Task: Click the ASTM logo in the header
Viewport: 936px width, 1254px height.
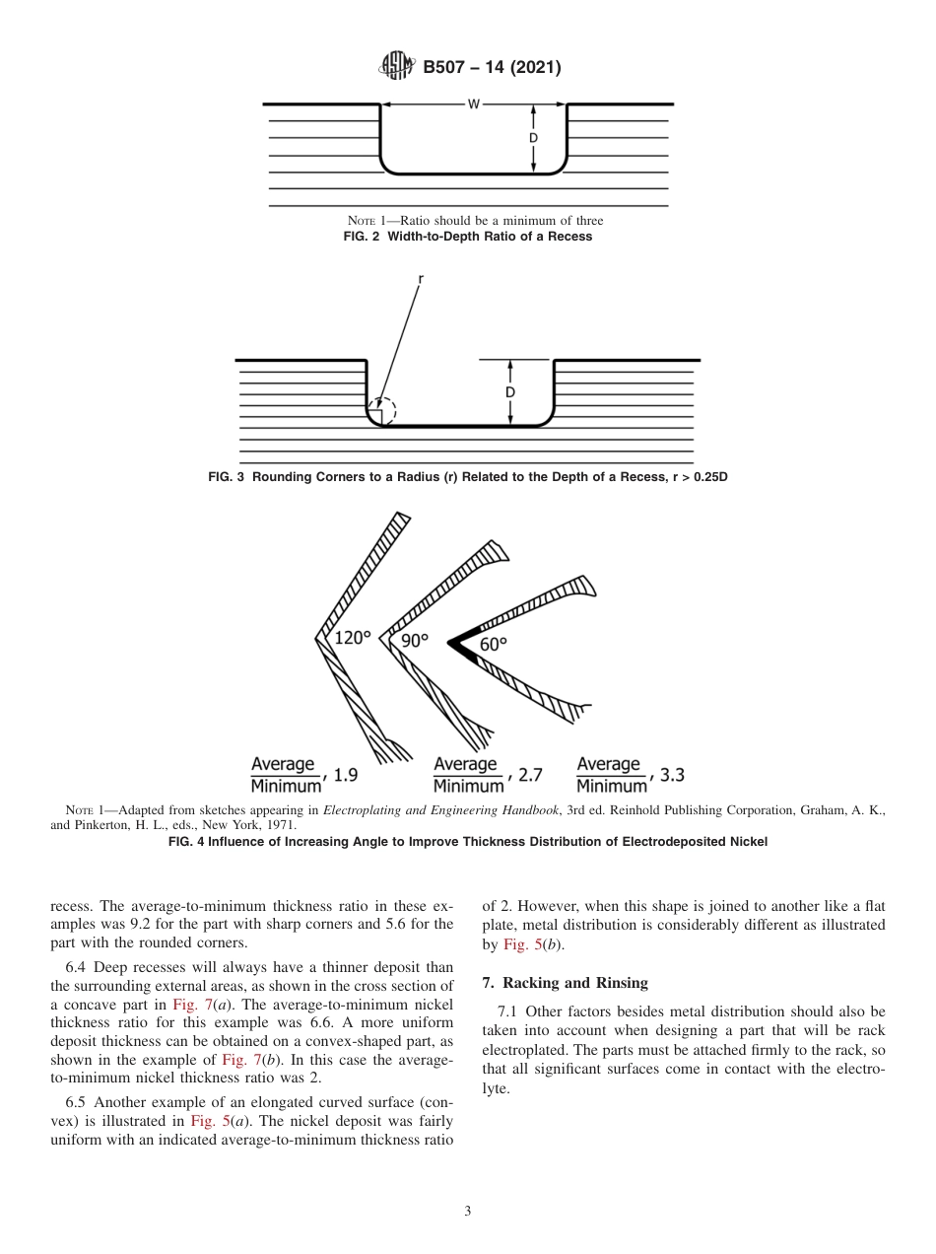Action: coord(397,67)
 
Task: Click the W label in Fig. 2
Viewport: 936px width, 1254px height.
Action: coord(473,104)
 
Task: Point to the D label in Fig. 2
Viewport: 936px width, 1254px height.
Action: coord(533,139)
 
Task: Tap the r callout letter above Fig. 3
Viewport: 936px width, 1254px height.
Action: coord(420,279)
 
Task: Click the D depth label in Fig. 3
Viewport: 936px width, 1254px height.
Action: coord(510,392)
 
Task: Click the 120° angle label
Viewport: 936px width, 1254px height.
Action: coord(353,639)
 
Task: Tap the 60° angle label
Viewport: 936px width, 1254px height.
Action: coord(494,644)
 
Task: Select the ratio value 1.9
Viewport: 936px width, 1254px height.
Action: coord(346,775)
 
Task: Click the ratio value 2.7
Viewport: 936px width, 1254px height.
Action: coord(529,775)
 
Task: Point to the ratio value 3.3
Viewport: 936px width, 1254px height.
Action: coord(672,775)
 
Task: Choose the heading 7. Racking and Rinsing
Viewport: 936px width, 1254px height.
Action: coord(565,983)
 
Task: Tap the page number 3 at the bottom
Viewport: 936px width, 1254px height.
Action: coord(467,1212)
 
